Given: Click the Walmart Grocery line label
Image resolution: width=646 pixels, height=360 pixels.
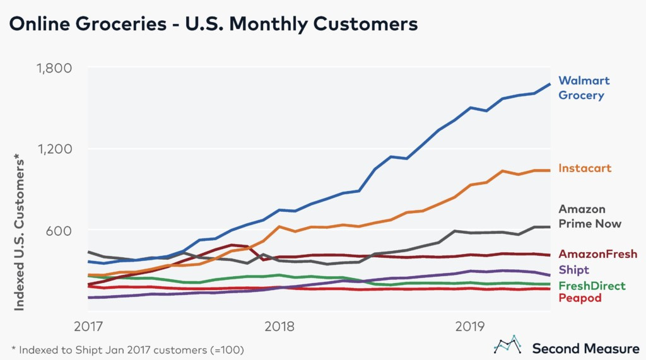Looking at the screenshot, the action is point(584,88).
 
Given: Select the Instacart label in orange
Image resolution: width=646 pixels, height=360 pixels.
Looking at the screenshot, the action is point(585,168).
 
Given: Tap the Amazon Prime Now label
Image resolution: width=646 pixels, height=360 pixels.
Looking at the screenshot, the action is point(590,216).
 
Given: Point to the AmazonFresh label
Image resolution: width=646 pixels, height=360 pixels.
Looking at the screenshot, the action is point(598,253).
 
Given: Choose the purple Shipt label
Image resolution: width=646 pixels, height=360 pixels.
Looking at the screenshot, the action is point(573,270).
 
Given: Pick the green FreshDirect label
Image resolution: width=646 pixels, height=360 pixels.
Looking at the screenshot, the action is point(592,286).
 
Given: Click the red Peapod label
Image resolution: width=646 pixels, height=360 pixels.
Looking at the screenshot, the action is point(580,298).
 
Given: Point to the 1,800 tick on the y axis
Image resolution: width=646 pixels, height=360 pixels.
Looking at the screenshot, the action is point(54,68).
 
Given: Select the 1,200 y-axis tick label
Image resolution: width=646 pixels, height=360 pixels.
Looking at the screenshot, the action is point(55,149).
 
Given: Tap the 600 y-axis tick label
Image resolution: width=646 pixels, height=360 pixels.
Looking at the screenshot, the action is point(59,230).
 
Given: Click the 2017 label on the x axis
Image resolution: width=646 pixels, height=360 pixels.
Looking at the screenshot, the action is point(88,327).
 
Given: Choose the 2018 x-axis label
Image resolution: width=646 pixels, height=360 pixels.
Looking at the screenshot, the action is point(279,327).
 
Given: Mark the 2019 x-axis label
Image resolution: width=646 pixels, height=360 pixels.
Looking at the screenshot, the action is point(470,327).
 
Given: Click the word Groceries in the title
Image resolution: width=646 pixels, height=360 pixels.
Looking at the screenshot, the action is point(120,23).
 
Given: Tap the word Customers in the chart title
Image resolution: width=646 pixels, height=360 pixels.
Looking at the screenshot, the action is point(365,23).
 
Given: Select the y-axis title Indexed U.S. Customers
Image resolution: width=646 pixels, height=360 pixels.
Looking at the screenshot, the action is point(19,232).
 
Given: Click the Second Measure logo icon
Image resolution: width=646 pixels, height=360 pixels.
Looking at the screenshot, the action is point(507,345).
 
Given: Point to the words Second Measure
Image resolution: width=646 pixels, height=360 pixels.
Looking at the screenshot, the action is point(585,349).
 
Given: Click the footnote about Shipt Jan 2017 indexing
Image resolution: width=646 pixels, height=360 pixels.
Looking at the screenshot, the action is point(127,350).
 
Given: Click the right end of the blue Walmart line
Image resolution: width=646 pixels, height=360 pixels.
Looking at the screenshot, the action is point(549,84).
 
